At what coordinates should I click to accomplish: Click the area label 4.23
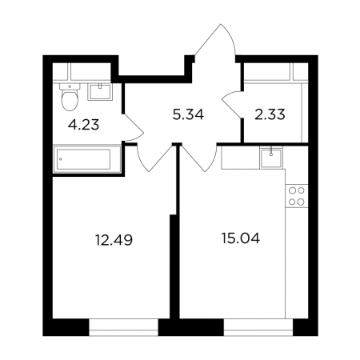pos(83,125)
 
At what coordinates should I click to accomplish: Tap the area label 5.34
pos(188,114)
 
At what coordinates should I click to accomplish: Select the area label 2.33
pos(270,114)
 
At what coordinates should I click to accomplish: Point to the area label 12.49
pos(114,240)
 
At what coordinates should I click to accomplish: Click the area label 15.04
pos(241,238)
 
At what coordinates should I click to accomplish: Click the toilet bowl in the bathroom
pos(70,97)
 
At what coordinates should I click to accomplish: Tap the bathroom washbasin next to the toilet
pos(100,92)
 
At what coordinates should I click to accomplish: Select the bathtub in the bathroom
pos(87,159)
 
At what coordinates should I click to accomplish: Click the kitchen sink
pos(271,158)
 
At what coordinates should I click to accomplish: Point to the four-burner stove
pos(297,196)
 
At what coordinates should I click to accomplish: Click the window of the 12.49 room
pos(123,327)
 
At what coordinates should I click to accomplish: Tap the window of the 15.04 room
pos(258,327)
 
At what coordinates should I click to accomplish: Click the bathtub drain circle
pos(61,159)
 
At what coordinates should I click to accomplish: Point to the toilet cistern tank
pos(70,86)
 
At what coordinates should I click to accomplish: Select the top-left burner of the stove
pos(293,190)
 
